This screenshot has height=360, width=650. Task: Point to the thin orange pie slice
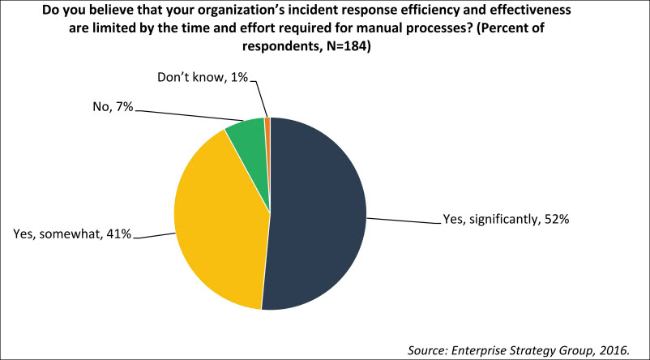[267, 122]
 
